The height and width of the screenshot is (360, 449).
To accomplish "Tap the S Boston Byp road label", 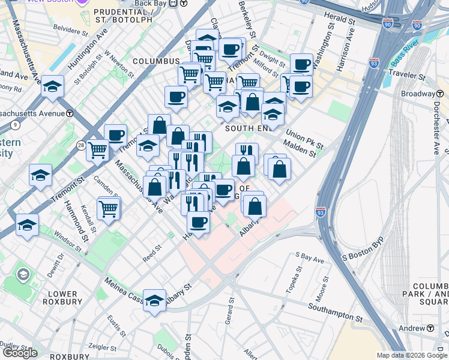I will pyautogui.click(x=362, y=257).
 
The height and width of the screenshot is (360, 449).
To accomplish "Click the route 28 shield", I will pyautogui.click(x=80, y=145).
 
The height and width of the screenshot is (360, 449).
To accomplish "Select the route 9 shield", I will pyautogui.click(x=14, y=125).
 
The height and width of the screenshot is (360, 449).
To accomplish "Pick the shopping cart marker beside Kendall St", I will pyautogui.click(x=109, y=209).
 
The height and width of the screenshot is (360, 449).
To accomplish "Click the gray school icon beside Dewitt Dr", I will pyautogui.click(x=23, y=275).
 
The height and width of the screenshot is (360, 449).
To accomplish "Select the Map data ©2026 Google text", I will pyautogui.click(x=412, y=355).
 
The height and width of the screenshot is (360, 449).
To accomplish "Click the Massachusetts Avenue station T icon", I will pyautogui.click(x=70, y=113).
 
